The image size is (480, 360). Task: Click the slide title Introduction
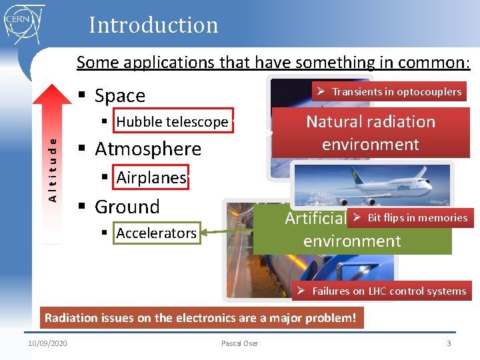(153, 25)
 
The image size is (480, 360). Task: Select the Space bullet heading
(119, 96)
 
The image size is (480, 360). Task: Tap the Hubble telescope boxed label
(173, 121)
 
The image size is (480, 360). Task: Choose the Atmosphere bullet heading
(147, 149)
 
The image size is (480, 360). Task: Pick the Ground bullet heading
(127, 207)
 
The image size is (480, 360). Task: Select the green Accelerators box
(156, 233)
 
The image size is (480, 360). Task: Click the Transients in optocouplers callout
(389, 91)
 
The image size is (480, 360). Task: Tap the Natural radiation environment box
(371, 133)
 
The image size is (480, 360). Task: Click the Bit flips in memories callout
(410, 217)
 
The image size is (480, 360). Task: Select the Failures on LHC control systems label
(382, 291)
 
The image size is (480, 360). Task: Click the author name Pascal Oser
(239, 343)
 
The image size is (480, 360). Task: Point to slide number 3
(449, 343)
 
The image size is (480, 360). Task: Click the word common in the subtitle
(431, 63)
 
